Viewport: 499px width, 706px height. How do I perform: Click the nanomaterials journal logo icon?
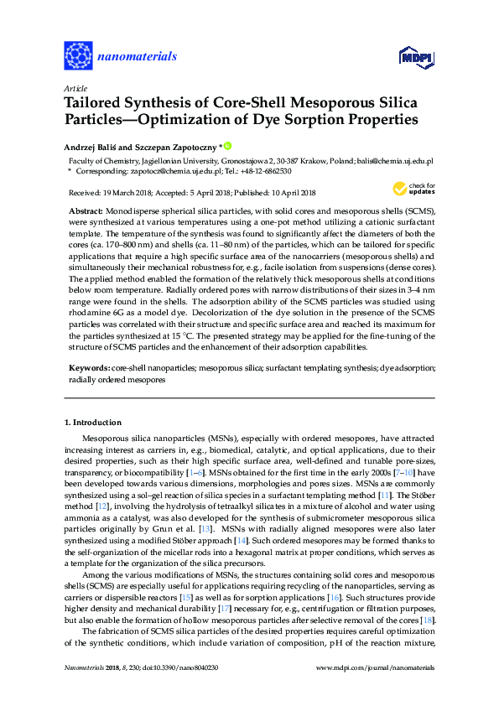pos(78,55)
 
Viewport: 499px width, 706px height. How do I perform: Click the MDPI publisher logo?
pos(408,56)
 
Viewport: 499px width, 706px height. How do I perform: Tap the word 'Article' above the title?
pos(75,88)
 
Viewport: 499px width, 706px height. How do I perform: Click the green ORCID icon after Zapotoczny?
pos(226,145)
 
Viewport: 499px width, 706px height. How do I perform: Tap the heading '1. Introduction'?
pos(94,422)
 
